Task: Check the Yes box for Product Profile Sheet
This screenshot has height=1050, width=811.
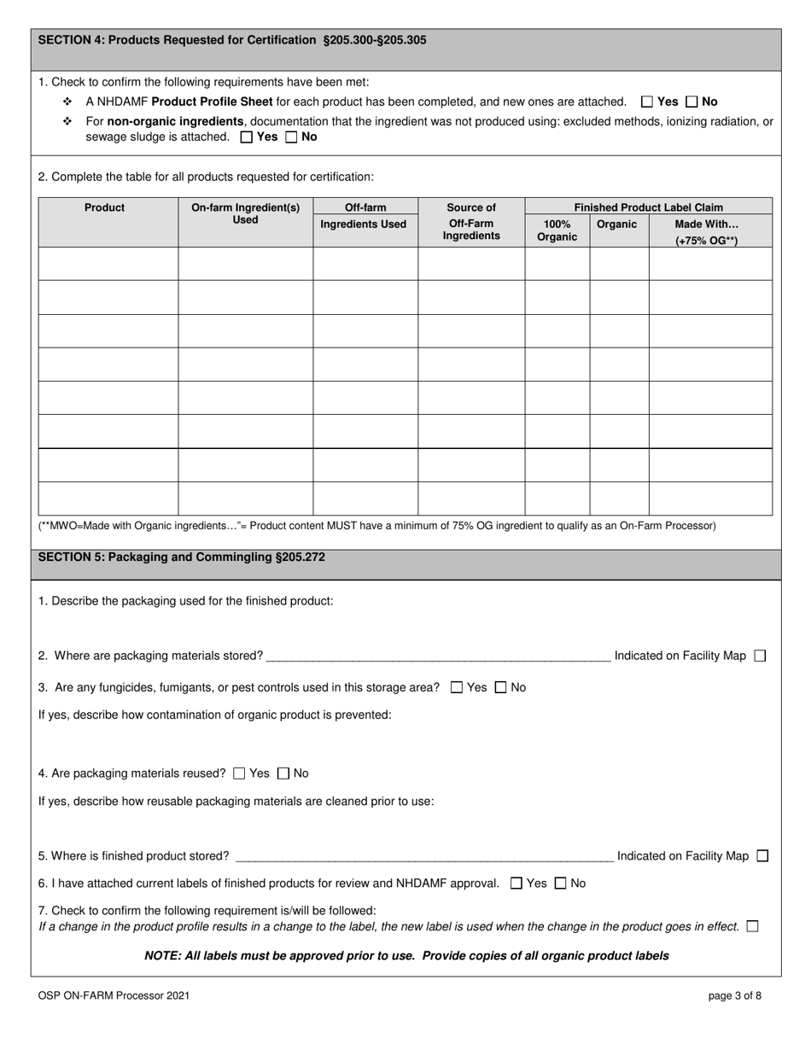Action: click(x=647, y=102)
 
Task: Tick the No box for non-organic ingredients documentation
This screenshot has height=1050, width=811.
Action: click(x=291, y=137)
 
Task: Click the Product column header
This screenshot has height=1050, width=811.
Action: click(x=105, y=207)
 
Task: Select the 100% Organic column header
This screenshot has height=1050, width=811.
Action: click(x=557, y=230)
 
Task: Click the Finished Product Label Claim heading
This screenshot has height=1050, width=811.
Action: click(x=648, y=207)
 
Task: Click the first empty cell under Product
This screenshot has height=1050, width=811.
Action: click(x=108, y=264)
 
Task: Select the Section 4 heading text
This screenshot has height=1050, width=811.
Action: click(x=232, y=40)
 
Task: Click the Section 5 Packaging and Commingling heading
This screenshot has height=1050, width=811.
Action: click(x=181, y=557)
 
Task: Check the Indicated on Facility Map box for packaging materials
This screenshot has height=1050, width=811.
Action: click(x=761, y=656)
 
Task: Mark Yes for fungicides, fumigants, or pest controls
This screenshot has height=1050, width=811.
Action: click(x=457, y=687)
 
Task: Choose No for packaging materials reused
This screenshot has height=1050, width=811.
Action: click(x=283, y=773)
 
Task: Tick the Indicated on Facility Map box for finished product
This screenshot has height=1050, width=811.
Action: click(x=762, y=855)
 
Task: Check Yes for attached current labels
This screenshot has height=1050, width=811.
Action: click(x=516, y=884)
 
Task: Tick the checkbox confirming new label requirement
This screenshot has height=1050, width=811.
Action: click(x=752, y=926)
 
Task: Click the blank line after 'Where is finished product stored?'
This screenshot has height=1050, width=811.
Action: click(x=423, y=856)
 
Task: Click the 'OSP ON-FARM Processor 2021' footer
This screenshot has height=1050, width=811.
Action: click(x=114, y=995)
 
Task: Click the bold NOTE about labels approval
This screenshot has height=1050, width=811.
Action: click(x=406, y=955)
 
